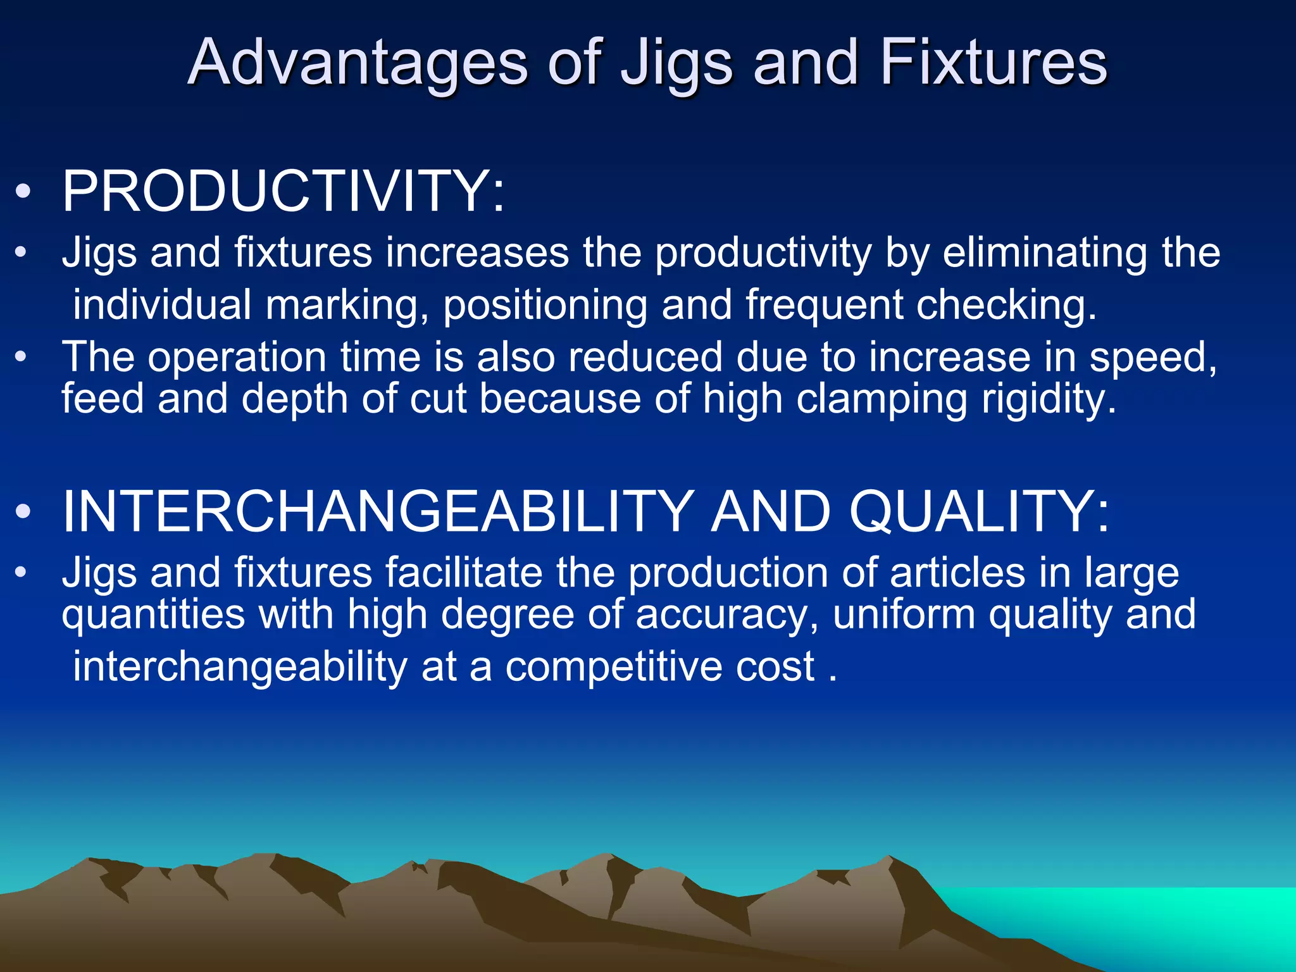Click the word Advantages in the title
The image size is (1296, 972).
358,63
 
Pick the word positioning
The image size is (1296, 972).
545,306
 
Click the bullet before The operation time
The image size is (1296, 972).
22,357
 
